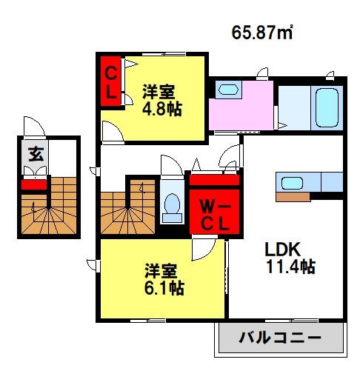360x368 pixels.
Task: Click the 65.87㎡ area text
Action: (262, 33)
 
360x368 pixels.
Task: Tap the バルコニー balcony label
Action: (279, 338)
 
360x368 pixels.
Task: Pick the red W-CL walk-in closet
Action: (214, 212)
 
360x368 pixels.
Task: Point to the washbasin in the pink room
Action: (227, 90)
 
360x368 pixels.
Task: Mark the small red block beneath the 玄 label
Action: (33, 184)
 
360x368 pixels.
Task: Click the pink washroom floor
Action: (241, 111)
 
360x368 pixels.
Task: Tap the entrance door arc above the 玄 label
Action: (32, 127)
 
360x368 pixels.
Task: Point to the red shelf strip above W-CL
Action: (214, 179)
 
